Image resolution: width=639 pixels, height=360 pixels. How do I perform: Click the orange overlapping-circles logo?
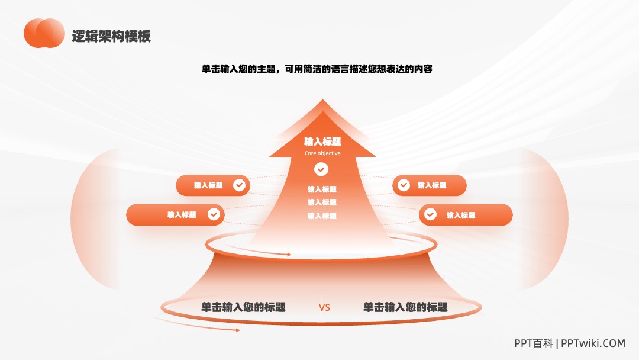click(x=44, y=33)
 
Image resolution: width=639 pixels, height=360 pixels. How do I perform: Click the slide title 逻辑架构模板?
click(x=111, y=36)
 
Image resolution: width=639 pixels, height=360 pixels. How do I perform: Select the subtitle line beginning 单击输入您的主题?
click(x=317, y=69)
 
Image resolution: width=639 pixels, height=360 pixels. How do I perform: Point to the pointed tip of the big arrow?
click(x=323, y=99)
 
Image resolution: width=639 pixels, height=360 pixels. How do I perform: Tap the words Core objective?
click(x=322, y=153)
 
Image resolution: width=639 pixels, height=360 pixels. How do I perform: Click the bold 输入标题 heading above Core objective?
click(x=322, y=142)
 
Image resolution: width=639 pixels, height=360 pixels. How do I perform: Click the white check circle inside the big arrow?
click(x=321, y=169)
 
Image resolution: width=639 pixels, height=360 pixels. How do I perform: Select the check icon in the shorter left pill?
click(x=239, y=185)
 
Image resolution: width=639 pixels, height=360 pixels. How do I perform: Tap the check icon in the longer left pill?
click(x=214, y=214)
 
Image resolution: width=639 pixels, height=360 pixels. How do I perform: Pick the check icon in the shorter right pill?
click(x=404, y=185)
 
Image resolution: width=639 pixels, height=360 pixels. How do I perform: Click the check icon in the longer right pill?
click(x=430, y=214)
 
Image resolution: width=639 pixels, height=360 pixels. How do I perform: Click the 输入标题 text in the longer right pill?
click(x=461, y=216)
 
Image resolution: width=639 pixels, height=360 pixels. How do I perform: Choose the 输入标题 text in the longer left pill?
click(x=182, y=215)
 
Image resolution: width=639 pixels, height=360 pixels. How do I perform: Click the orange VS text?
click(x=324, y=308)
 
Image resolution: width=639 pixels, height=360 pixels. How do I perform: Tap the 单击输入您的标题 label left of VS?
click(x=243, y=307)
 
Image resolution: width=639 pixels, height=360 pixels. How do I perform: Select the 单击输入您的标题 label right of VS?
click(x=405, y=307)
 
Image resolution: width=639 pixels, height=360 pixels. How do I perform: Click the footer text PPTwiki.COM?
click(x=593, y=343)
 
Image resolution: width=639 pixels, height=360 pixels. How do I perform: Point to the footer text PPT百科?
click(x=534, y=343)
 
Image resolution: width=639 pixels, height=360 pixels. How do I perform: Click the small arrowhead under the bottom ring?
click(x=238, y=330)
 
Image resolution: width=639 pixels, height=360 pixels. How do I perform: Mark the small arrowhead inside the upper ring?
click(x=289, y=255)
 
